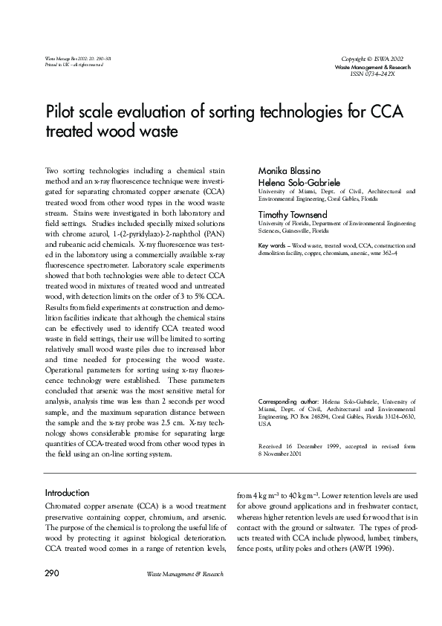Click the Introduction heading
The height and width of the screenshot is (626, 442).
(x=68, y=493)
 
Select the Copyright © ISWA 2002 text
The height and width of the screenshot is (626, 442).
(x=373, y=58)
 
